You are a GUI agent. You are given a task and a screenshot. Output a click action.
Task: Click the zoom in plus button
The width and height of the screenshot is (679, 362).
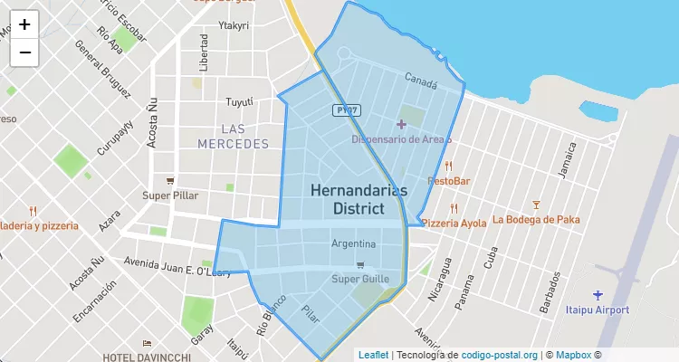[24, 24]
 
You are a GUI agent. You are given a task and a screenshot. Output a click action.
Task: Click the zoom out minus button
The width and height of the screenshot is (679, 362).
[24, 52]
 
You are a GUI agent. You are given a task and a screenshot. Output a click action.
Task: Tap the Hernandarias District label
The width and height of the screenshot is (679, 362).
[359, 199]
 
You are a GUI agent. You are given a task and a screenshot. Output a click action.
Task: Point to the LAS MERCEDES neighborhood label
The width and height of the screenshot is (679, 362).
[233, 137]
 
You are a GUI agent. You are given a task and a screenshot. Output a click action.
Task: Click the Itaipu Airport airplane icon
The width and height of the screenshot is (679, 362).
[597, 295]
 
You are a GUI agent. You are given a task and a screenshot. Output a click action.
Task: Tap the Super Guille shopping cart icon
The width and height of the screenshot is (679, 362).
[360, 265]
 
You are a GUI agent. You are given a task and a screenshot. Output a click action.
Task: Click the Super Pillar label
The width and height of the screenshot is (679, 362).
[170, 195]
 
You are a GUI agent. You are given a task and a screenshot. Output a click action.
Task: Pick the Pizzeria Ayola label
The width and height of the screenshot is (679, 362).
[454, 223]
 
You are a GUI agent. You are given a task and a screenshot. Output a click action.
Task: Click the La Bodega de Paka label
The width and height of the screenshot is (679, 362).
[536, 219]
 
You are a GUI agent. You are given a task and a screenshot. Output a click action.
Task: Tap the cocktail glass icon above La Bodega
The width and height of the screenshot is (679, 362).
[536, 205]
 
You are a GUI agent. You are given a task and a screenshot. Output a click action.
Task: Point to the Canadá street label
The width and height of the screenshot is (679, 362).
[421, 82]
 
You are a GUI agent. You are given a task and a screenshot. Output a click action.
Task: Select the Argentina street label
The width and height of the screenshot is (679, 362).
[353, 244]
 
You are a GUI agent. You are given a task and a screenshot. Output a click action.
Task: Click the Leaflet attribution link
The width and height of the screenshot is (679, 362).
[373, 355]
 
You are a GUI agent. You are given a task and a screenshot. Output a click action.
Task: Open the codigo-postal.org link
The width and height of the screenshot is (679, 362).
[499, 355]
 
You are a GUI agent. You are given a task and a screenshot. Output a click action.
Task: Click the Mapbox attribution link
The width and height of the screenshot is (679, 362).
[574, 355]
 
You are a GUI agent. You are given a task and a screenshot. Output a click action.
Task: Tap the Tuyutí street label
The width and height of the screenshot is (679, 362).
[239, 101]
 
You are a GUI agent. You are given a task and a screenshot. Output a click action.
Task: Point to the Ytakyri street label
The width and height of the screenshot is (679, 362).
[234, 25]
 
